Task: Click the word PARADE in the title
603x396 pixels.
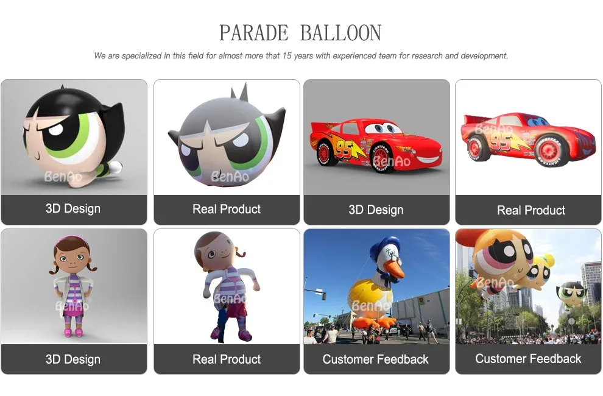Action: pyautogui.click(x=253, y=33)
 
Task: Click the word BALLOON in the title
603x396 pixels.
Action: pyautogui.click(x=340, y=33)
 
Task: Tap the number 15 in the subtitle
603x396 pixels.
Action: pyautogui.click(x=287, y=56)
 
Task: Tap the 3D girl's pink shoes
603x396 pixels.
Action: pyautogui.click(x=74, y=332)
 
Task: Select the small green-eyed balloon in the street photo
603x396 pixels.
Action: pyautogui.click(x=572, y=294)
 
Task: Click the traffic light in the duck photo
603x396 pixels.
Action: pyautogui.click(x=323, y=295)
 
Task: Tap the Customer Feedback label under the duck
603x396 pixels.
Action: pyautogui.click(x=375, y=359)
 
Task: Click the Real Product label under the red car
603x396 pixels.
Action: pyautogui.click(x=531, y=210)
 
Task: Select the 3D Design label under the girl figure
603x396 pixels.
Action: pyautogui.click(x=73, y=359)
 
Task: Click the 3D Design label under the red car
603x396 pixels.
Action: pyautogui.click(x=376, y=210)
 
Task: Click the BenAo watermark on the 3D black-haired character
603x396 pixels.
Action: pyautogui.click(x=63, y=177)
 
